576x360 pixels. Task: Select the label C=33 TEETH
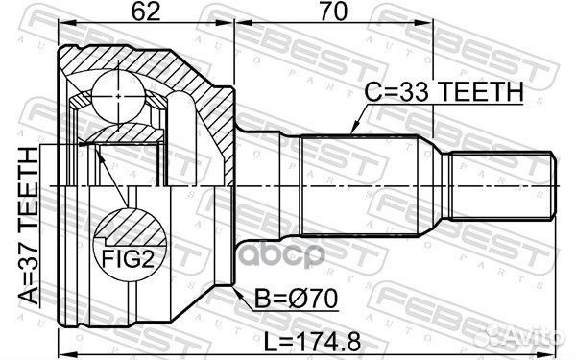pyautogui.click(x=444, y=92)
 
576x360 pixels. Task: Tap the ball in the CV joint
pyautogui.click(x=118, y=97)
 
